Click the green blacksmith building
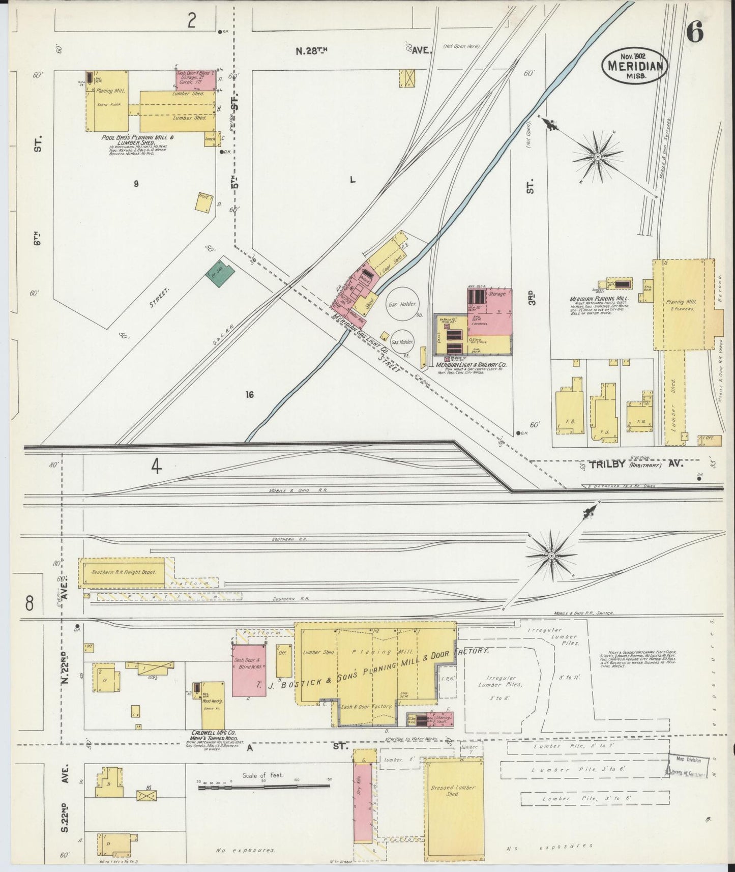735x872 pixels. click(220, 275)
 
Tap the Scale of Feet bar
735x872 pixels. click(264, 788)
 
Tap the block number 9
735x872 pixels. click(136, 184)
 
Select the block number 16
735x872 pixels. click(249, 394)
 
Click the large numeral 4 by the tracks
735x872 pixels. click(156, 467)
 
